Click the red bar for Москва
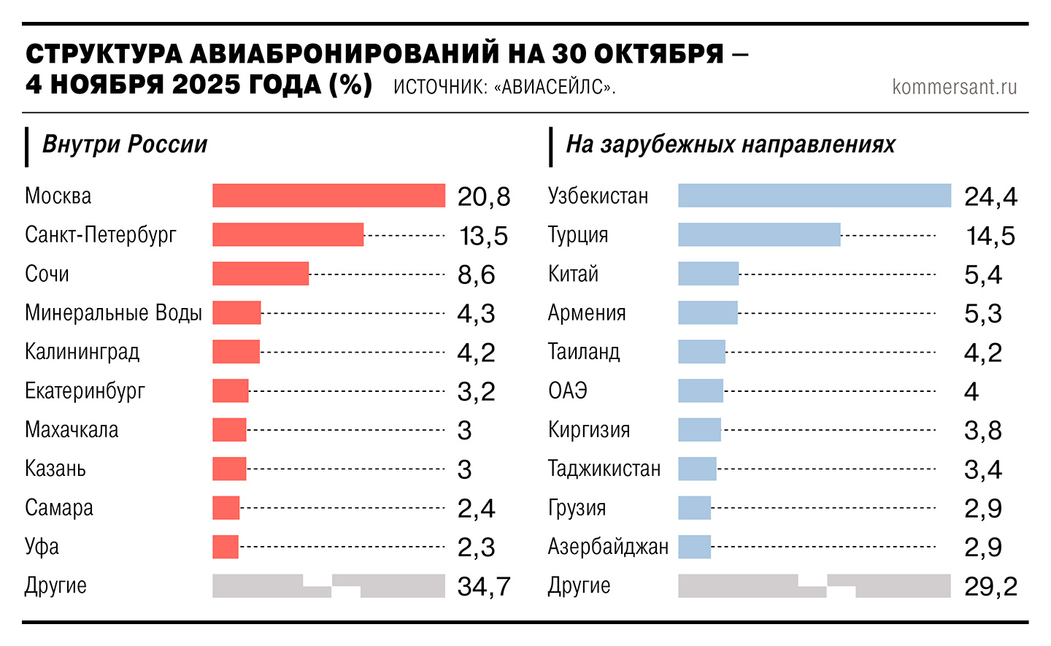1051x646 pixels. click(x=328, y=196)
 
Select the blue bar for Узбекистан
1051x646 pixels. click(x=815, y=196)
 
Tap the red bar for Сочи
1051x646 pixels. click(x=261, y=274)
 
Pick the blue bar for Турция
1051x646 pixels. click(x=759, y=234)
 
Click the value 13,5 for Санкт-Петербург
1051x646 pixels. click(x=483, y=236)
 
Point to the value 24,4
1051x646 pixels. click(x=990, y=196)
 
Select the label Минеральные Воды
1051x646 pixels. click(x=113, y=312)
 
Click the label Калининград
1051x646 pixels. click(x=82, y=352)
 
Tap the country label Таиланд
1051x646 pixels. click(x=584, y=352)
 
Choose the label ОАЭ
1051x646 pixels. click(x=568, y=391)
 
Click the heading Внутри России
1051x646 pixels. click(x=125, y=145)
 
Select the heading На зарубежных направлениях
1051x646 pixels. click(x=731, y=145)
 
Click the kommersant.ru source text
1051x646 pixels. click(x=954, y=87)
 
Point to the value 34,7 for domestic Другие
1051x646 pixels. click(x=483, y=586)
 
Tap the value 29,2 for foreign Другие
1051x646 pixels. click(x=990, y=586)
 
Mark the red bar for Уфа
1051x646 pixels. click(x=226, y=547)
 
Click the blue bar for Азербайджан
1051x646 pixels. click(x=694, y=547)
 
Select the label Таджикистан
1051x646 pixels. click(x=604, y=469)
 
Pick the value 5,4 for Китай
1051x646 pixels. click(x=983, y=274)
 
